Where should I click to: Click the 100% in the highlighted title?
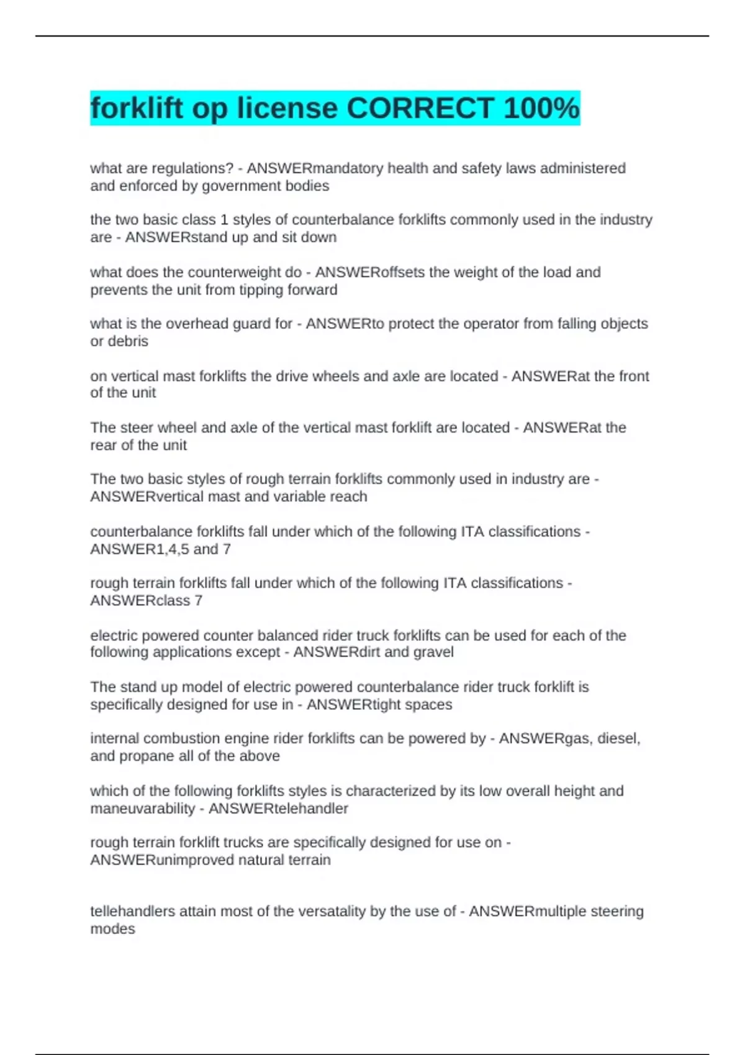[541, 109]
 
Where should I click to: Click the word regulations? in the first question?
[192, 168]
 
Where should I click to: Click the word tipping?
[259, 290]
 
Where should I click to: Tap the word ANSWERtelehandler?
[278, 809]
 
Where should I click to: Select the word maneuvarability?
[143, 809]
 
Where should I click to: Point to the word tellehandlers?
[133, 911]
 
